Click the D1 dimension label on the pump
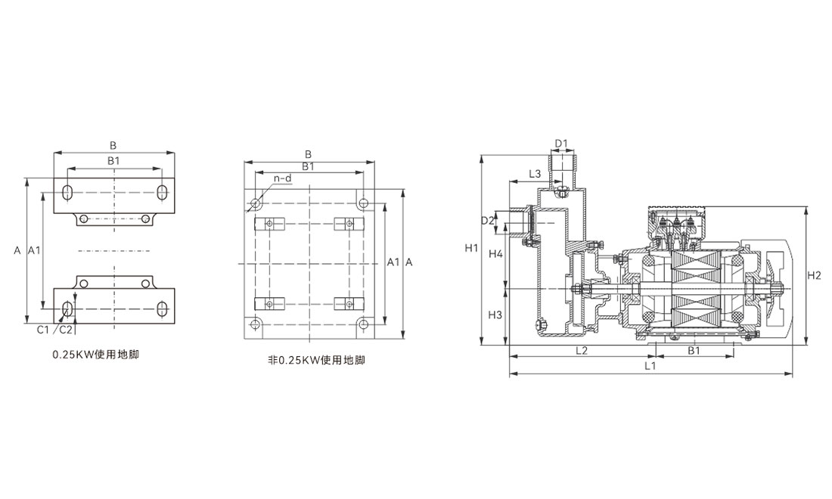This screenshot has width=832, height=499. click(x=560, y=143)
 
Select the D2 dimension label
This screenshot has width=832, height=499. click(x=487, y=220)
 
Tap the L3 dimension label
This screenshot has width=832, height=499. click(x=534, y=174)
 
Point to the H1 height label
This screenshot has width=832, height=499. click(x=471, y=248)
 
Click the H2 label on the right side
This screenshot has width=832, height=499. click(x=814, y=275)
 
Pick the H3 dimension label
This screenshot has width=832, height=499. click(x=495, y=314)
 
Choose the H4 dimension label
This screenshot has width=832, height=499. click(x=495, y=254)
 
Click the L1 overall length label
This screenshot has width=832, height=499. click(x=650, y=366)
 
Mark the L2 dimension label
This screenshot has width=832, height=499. click(x=582, y=350)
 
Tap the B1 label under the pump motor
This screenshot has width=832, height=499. click(x=693, y=350)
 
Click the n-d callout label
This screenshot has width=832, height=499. click(x=282, y=178)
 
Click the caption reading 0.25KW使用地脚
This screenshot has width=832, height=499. click(x=95, y=354)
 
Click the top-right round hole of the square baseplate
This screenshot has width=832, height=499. click(x=364, y=203)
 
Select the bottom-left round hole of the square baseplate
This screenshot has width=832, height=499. click(x=256, y=324)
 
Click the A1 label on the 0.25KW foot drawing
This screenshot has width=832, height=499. click(x=34, y=249)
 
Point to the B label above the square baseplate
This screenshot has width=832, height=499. click(x=308, y=153)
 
